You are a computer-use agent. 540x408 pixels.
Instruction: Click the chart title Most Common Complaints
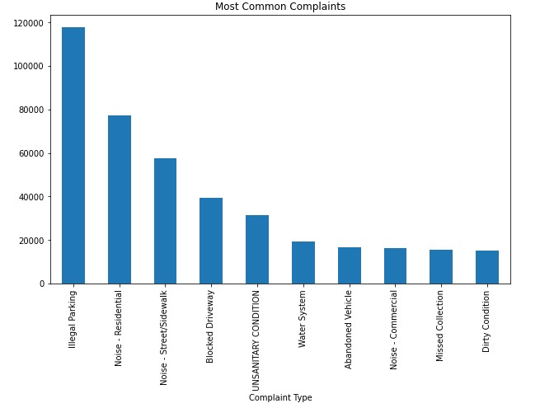tap(280, 7)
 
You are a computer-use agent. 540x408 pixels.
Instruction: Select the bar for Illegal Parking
tap(73, 157)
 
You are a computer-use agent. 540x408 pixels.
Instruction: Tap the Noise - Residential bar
tap(120, 199)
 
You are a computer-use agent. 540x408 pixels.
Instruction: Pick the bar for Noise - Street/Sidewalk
tap(165, 221)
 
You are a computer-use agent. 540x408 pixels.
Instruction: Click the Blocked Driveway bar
tap(211, 241)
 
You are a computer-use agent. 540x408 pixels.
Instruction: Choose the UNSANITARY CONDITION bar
tap(257, 250)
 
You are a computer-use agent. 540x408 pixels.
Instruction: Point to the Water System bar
tap(303, 263)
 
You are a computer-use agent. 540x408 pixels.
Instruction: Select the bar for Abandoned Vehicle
tap(350, 265)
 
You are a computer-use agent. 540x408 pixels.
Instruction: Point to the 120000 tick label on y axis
tap(29, 23)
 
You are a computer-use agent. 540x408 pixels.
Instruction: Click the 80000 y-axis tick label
tap(31, 110)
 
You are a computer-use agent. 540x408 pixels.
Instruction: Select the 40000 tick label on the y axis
tap(31, 197)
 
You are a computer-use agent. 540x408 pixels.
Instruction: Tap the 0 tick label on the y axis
tap(42, 284)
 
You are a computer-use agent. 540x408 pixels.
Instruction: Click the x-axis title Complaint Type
tap(280, 397)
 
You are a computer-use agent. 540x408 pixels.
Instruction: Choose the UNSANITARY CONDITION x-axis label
tap(257, 339)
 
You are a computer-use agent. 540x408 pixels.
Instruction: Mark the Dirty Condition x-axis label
tap(487, 321)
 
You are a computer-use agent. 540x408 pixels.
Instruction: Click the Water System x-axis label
tap(303, 318)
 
